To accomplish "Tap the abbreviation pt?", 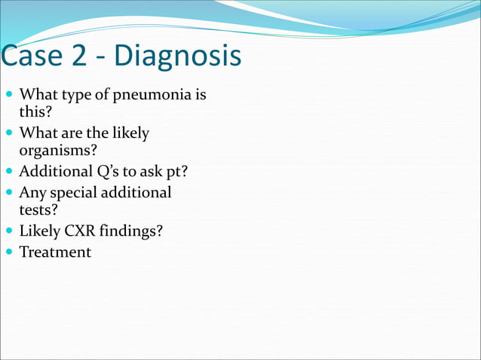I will click(x=173, y=171).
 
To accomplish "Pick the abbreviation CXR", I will click(x=81, y=230).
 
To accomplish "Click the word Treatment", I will click(x=54, y=252).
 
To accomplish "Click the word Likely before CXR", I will click(x=40, y=230).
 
